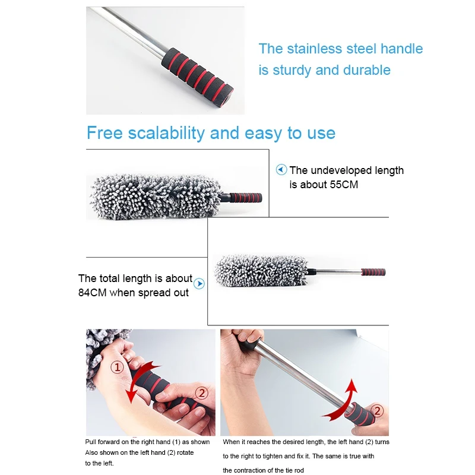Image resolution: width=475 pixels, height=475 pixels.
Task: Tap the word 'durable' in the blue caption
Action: (x=367, y=70)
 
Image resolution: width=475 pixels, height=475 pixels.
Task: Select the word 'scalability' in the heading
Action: (x=169, y=132)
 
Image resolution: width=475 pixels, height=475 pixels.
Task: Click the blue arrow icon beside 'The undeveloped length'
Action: (x=281, y=170)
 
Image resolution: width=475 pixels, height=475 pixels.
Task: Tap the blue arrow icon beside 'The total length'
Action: (x=199, y=284)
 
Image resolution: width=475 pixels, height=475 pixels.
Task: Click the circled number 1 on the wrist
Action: (x=118, y=368)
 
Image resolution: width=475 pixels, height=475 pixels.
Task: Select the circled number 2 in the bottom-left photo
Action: (x=202, y=392)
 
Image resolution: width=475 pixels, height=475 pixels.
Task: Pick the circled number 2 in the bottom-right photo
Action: (x=378, y=409)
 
